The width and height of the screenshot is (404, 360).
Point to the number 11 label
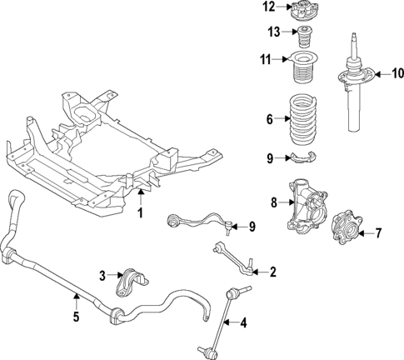click(x=266, y=60)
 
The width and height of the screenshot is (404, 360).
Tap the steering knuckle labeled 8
click(x=305, y=213)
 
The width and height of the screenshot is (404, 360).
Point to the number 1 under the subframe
click(x=141, y=213)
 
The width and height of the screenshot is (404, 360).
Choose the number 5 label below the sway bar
click(x=76, y=317)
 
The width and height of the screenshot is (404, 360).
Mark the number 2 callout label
click(x=272, y=272)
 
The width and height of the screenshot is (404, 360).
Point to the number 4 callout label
click(x=244, y=322)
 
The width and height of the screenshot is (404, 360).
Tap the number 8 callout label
click(x=273, y=201)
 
